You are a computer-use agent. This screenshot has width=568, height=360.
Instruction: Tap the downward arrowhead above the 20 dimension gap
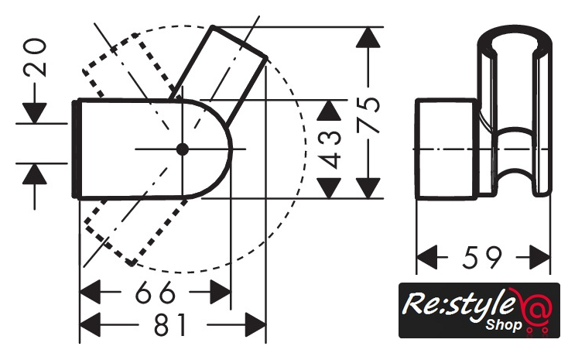pos(32,110)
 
